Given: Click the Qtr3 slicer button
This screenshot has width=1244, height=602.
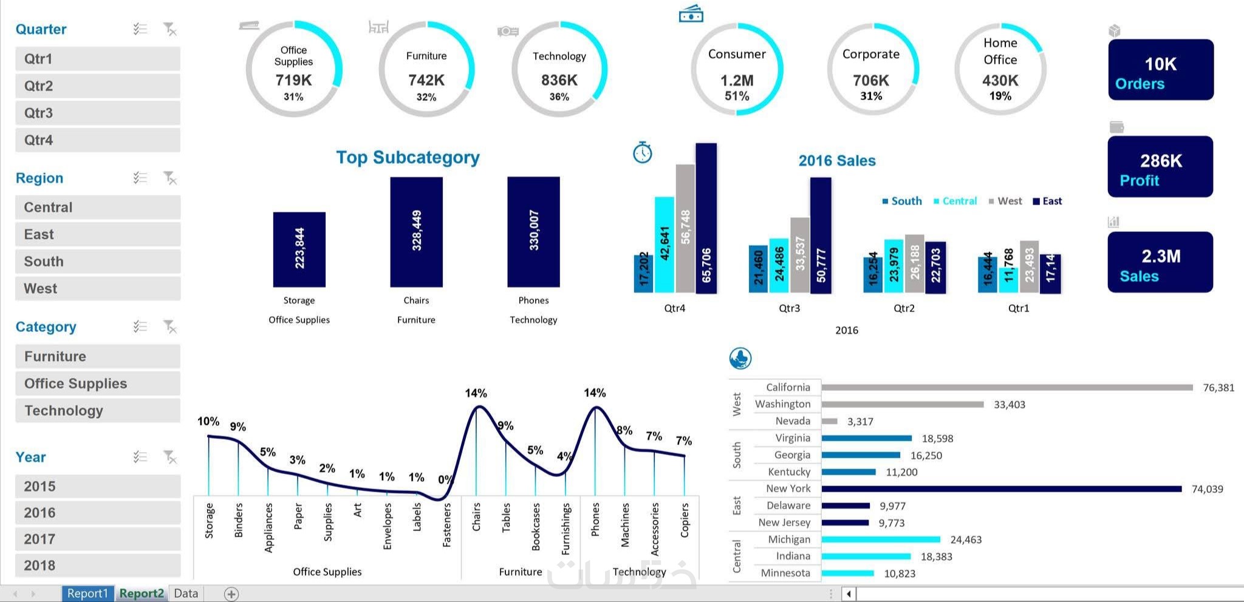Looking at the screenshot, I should click(x=97, y=113).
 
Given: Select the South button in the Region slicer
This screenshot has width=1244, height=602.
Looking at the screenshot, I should click(x=97, y=262).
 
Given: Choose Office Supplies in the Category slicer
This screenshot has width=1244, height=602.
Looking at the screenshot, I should click(x=97, y=384).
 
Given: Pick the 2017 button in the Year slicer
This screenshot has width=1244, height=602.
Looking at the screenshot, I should click(x=97, y=539).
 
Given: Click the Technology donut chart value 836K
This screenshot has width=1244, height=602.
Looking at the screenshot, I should click(x=559, y=80).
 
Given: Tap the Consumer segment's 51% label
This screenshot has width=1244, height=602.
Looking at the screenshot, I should click(x=737, y=96).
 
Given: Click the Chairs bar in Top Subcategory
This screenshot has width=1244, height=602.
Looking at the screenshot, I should click(x=416, y=232).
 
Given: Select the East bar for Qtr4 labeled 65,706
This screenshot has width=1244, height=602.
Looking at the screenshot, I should click(x=706, y=218).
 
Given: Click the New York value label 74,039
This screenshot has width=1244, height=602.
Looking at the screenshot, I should click(x=1207, y=489).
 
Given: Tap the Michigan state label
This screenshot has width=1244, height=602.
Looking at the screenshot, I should click(x=788, y=539).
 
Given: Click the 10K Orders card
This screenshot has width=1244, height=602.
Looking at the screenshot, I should click(x=1160, y=70).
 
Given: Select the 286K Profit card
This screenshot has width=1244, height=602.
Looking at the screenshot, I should click(x=1160, y=167).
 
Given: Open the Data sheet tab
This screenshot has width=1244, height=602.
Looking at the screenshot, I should click(x=186, y=594).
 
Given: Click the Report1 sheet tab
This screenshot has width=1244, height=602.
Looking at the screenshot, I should click(x=87, y=594).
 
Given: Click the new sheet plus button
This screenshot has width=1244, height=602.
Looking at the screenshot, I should click(x=231, y=594).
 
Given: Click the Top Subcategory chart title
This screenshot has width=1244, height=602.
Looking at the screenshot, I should click(x=408, y=158).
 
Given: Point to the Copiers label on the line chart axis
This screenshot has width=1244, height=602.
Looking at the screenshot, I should click(x=685, y=520).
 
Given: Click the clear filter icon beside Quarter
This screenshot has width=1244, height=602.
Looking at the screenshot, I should click(x=170, y=29).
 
